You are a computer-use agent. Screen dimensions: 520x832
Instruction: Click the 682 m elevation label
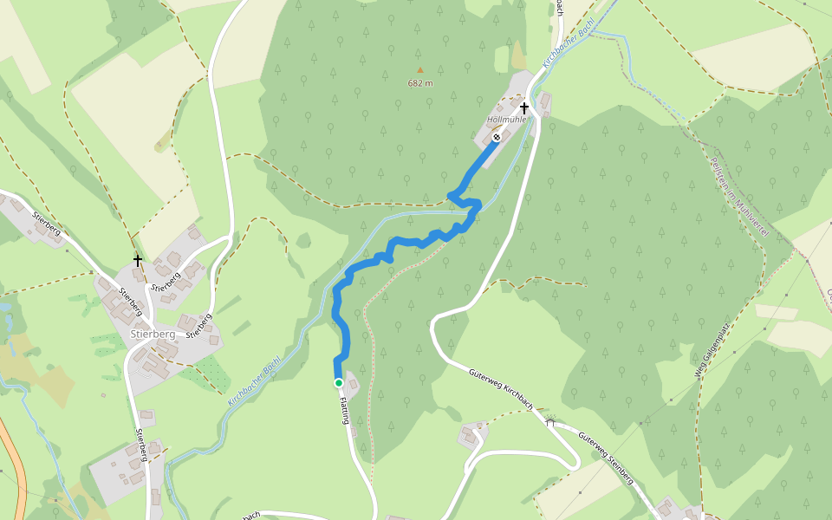(x=420, y=83)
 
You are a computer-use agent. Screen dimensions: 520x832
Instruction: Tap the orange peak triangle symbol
(x=420, y=70)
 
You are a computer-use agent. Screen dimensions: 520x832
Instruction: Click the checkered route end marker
(x=497, y=137)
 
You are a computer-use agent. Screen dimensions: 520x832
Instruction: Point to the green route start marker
(x=339, y=382)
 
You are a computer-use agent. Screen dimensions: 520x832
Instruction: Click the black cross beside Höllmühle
(x=524, y=108)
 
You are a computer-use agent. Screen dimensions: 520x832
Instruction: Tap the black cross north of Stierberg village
(x=137, y=259)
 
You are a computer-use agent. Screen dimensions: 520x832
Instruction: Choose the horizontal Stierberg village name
(x=152, y=334)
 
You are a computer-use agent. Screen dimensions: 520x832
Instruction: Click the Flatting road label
(x=344, y=409)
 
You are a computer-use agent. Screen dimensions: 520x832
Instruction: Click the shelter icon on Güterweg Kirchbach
(x=549, y=422)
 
